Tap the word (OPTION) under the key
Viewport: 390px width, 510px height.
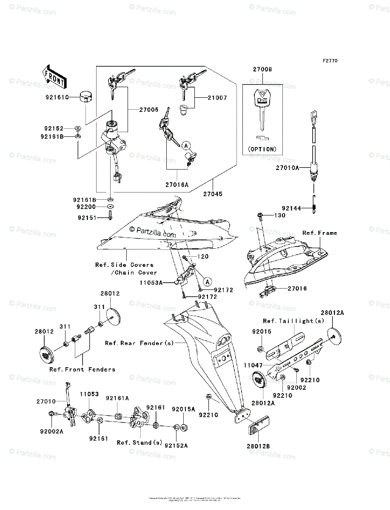point(262,149)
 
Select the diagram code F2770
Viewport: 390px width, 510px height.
point(330,61)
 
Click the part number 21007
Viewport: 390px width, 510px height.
point(218,98)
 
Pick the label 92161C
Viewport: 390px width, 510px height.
point(57,96)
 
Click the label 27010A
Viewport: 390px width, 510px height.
point(287,168)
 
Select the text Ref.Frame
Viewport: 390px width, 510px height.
point(319,233)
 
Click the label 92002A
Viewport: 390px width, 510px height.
point(52,431)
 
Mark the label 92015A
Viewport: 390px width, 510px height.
point(183,409)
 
